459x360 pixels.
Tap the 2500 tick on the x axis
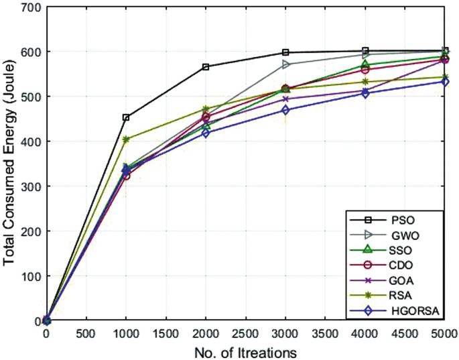(246, 333)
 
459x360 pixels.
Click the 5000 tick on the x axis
(445, 333)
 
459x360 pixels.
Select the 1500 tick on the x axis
(166, 333)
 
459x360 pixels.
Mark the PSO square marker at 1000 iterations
(125, 117)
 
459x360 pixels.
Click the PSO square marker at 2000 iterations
(206, 67)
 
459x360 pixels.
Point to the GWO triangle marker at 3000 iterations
(286, 64)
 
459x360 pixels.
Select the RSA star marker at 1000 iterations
(125, 139)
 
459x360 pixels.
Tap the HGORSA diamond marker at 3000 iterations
(285, 110)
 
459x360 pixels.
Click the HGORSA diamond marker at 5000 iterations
(445, 82)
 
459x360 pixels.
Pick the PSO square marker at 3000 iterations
(285, 52)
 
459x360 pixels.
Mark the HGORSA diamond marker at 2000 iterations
(206, 133)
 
